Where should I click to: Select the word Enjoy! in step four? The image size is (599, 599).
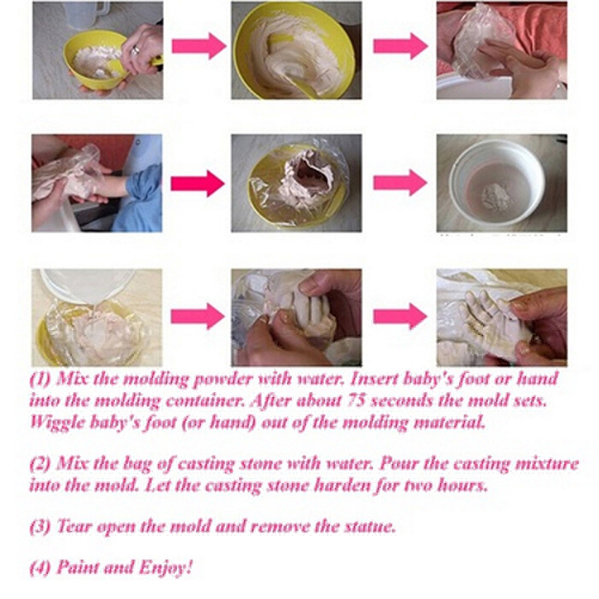[165, 568]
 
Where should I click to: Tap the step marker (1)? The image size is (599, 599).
[40, 379]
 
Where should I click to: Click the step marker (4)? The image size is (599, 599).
[40, 568]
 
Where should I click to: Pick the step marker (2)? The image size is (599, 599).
[40, 463]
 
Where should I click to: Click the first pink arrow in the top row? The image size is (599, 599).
[199, 46]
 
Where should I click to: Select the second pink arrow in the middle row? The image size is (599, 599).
[400, 183]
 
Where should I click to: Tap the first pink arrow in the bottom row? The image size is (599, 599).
[198, 316]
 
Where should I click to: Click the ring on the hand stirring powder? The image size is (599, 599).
[135, 50]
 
